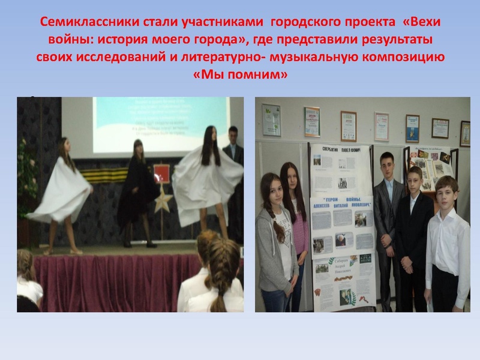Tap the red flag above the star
coord(163,172)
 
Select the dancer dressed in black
coord(137,192)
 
